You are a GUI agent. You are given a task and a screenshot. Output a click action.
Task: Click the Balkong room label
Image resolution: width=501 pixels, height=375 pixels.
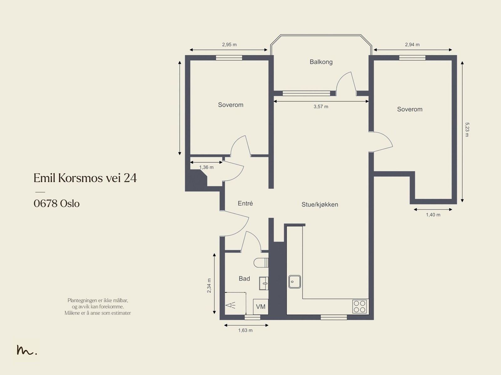pos(321,62)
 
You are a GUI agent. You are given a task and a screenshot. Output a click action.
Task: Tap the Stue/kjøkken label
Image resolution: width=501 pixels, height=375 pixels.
pos(320,205)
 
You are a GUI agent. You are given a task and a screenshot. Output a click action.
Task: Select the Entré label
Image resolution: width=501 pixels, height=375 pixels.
pos(245,203)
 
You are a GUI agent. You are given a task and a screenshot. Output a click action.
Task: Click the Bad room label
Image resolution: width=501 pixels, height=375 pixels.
pos(244,279)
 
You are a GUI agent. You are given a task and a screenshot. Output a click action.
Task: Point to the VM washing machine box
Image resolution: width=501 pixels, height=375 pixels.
pos(261,307)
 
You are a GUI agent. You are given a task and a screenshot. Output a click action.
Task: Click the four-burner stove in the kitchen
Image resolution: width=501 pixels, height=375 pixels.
pos(359,306)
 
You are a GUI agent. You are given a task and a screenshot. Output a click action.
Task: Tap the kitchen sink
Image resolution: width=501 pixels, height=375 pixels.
pos(294,282)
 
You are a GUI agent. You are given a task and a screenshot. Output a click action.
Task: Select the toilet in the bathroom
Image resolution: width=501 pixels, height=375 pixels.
pos(261,263)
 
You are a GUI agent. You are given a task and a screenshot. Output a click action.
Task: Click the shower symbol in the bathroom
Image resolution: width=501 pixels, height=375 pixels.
pos(230,305)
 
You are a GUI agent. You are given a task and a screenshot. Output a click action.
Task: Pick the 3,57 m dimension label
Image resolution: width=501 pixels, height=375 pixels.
pos(321,106)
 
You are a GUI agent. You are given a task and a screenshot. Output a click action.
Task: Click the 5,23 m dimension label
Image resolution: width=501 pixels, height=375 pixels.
pos(467,130)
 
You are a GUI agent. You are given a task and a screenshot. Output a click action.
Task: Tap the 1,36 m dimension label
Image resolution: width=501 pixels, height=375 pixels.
pos(206,167)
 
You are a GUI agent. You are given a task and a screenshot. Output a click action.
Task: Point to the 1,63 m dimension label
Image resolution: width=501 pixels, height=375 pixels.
pos(245,330)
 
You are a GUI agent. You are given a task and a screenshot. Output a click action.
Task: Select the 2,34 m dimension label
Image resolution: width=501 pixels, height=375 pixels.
pos(209,285)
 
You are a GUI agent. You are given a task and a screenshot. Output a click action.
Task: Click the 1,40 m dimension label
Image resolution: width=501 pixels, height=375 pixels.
pos(433,215)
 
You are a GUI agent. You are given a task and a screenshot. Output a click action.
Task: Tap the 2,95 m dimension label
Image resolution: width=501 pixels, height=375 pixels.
pos(230,44)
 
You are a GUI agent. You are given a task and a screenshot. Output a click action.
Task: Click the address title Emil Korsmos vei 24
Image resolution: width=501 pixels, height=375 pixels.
pos(85,178)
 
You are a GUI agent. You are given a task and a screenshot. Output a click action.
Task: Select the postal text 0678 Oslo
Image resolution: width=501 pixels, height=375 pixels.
pos(57,203)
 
